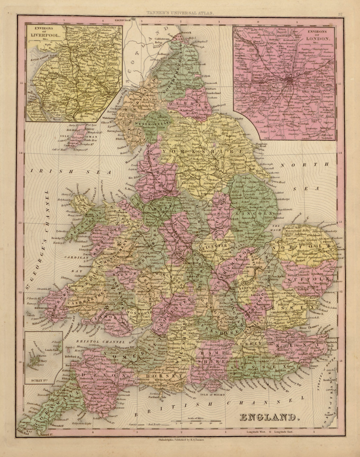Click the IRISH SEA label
(70, 171)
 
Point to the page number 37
(341, 14)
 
